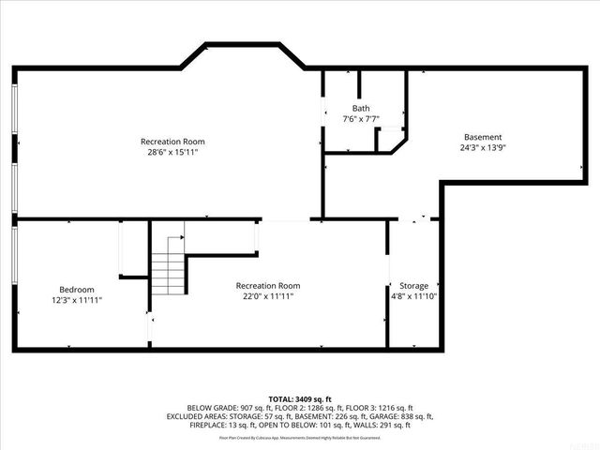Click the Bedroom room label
pos(77,290)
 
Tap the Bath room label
pos(361,108)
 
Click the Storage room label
pos(413,286)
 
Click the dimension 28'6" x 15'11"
pos(172,152)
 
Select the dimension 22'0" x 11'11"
pos(267,296)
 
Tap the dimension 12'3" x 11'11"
pos(77,300)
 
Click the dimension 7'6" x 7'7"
pos(361,119)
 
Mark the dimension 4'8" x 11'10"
pos(413,296)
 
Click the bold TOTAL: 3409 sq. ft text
pos(299,399)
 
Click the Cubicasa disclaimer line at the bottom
pos(299,437)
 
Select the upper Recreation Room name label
pos(172,142)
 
